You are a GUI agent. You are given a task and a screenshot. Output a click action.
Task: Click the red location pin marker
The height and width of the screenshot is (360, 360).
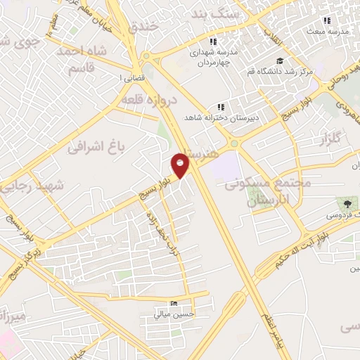click(x=181, y=165)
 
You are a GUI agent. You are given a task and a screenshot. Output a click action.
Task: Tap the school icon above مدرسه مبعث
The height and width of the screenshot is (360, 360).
click(x=326, y=21)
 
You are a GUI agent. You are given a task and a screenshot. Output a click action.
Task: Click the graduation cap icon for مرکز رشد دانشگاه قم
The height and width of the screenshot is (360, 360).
click(x=280, y=61)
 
